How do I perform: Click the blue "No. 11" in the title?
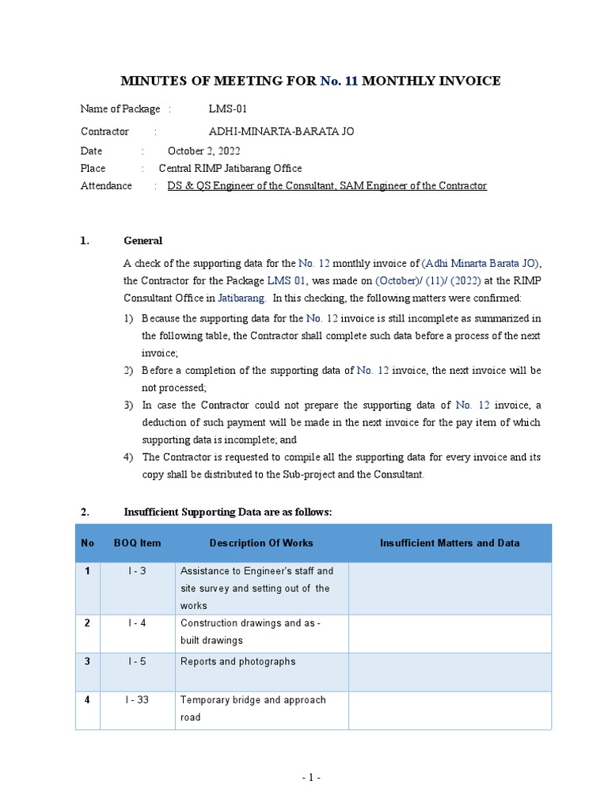(x=339, y=81)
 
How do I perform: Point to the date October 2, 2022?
(x=204, y=150)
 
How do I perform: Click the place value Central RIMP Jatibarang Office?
(x=230, y=168)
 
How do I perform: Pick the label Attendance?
(x=106, y=185)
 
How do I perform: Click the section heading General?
(x=143, y=241)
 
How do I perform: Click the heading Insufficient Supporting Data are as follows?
(x=228, y=512)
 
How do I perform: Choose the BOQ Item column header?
(x=137, y=543)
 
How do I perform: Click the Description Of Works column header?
(x=261, y=543)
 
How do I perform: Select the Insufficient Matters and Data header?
(x=450, y=543)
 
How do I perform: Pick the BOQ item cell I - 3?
(x=137, y=571)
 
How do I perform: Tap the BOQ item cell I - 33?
(x=137, y=700)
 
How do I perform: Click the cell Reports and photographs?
(x=237, y=661)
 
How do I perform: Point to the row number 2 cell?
(x=87, y=623)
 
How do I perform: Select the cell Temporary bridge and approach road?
(x=253, y=708)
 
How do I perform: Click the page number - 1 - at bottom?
(x=310, y=778)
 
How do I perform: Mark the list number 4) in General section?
(x=128, y=457)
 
